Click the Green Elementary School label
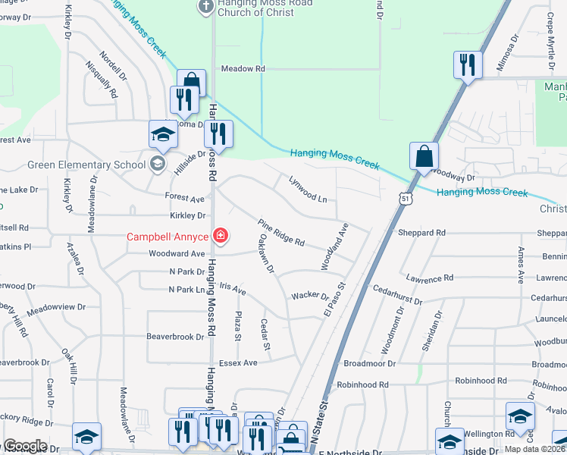point(86,165)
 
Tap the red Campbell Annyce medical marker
point(221,237)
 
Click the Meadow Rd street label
point(243,69)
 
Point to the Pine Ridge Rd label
point(280,232)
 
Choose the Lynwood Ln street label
point(307,189)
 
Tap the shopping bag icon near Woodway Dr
point(424,158)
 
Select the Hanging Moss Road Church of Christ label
point(244,8)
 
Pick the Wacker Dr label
point(309,296)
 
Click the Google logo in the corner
point(24,446)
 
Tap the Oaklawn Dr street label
point(265,255)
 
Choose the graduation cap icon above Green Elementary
point(162,135)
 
